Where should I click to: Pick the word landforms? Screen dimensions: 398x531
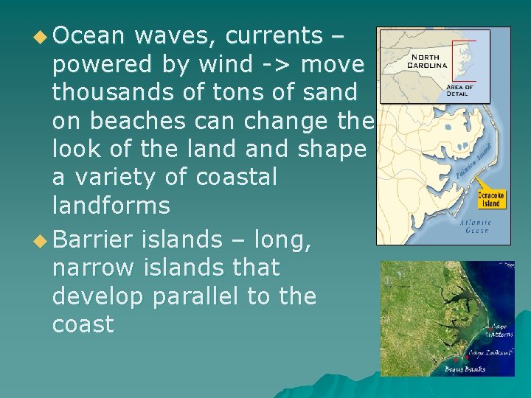point(111,206)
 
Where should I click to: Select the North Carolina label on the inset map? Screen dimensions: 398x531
point(428,60)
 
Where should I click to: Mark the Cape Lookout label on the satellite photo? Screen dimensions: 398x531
point(490,353)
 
